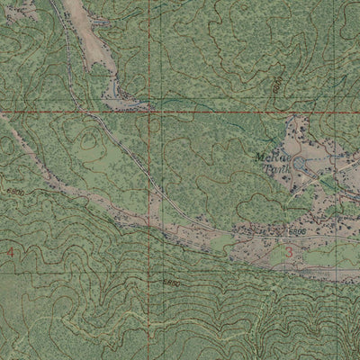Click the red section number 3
pyautogui.click(x=288, y=252)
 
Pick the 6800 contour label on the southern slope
pyautogui.click(x=172, y=283)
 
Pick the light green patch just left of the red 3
pyautogui.click(x=270, y=255)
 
